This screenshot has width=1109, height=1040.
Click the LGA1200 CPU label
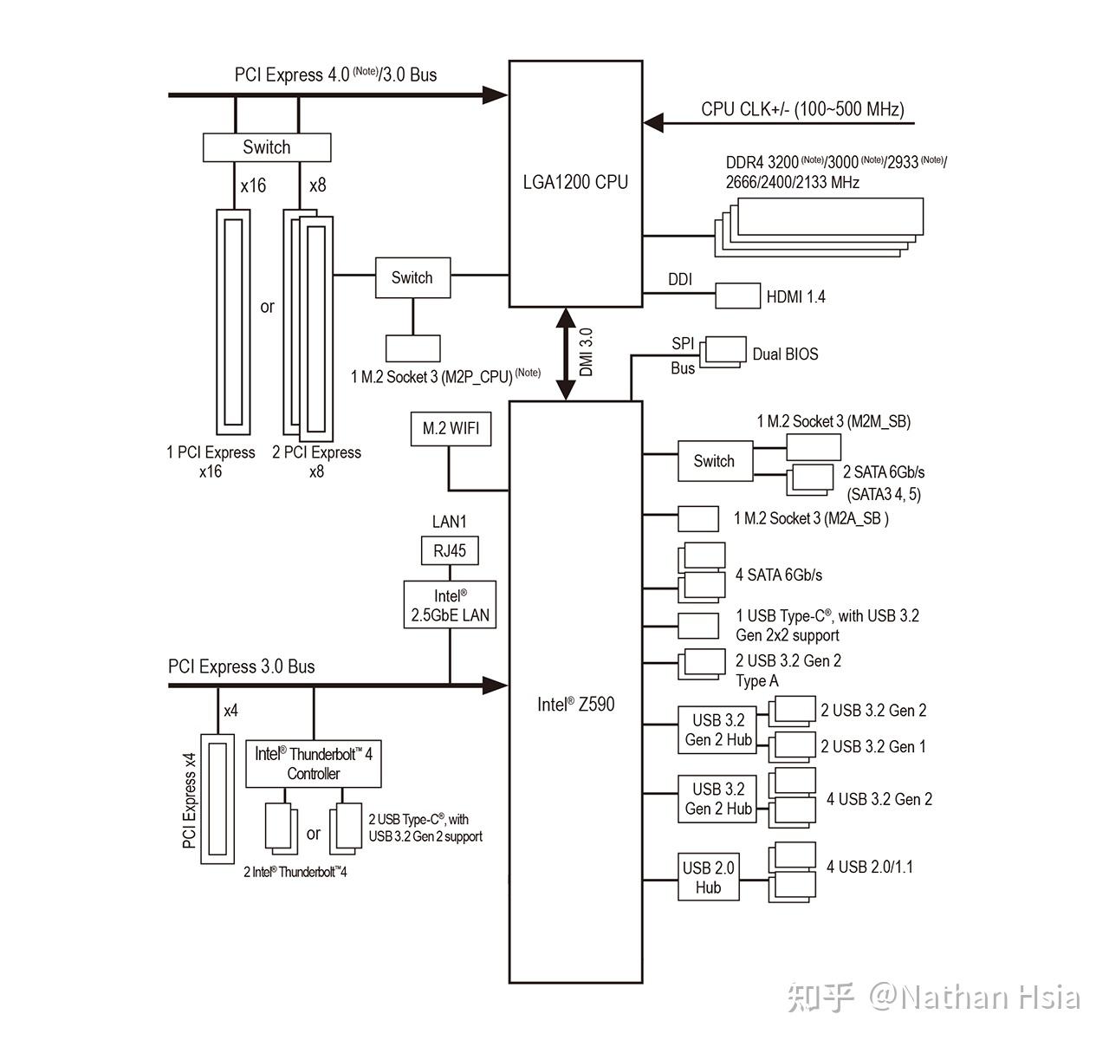[575, 182]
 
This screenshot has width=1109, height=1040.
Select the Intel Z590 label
[575, 704]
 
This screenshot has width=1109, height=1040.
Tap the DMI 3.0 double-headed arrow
[566, 354]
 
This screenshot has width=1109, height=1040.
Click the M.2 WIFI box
[451, 429]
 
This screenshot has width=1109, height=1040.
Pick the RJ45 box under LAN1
[450, 551]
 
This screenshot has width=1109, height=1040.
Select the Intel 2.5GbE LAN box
[450, 605]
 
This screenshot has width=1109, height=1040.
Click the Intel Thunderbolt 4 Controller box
[314, 764]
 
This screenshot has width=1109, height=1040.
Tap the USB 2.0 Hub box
[708, 877]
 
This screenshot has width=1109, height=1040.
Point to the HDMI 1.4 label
[795, 296]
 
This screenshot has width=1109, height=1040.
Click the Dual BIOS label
[785, 354]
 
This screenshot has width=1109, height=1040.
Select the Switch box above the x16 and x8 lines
[267, 147]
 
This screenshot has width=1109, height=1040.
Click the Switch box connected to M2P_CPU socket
[412, 277]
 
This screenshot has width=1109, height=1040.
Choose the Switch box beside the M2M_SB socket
[715, 461]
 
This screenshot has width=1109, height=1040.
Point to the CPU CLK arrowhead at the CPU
[653, 123]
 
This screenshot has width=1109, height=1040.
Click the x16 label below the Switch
[253, 185]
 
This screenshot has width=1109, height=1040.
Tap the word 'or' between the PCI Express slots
[267, 307]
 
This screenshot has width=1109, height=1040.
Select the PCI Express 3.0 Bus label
[241, 666]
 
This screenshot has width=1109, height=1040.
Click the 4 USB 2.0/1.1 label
[870, 867]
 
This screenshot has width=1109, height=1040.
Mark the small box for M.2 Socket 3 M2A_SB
[698, 518]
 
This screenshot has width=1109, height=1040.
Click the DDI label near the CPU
[680, 279]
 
